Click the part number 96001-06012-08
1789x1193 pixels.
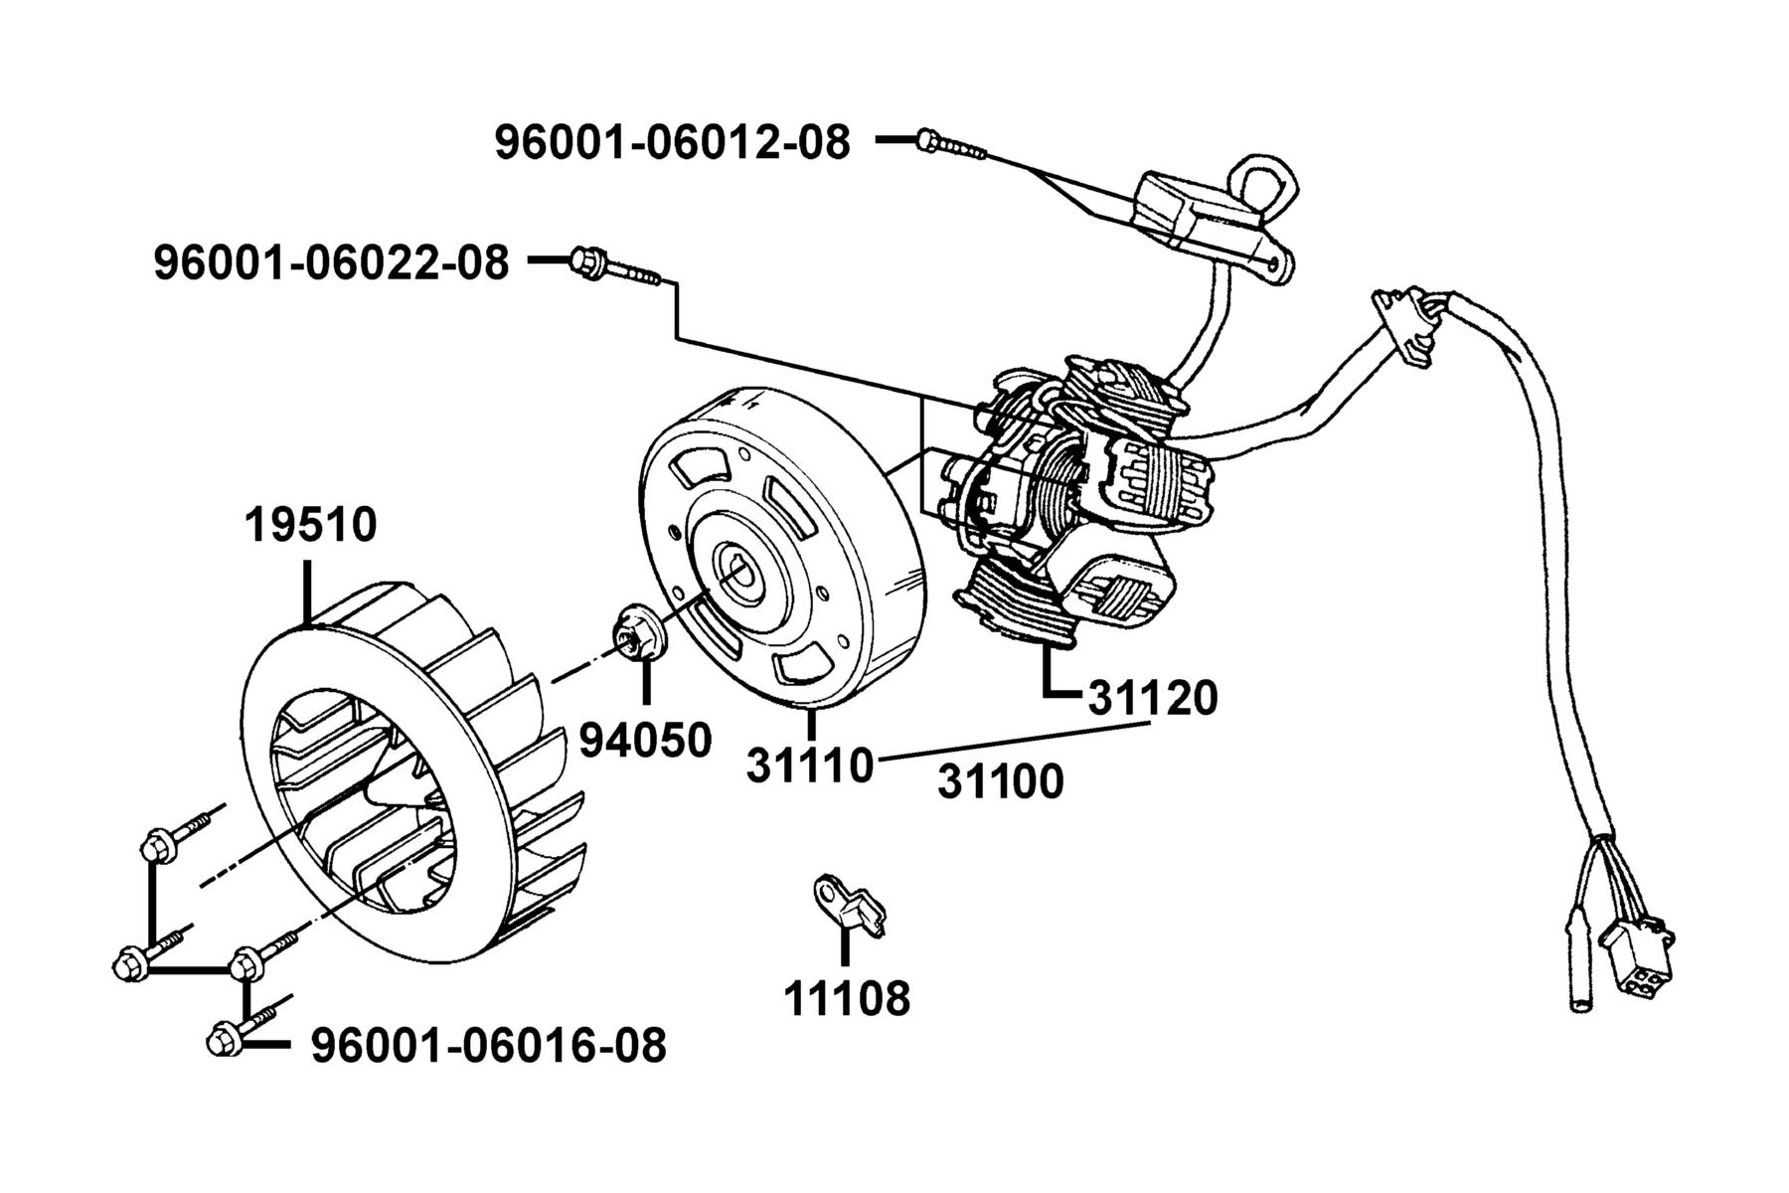(x=673, y=143)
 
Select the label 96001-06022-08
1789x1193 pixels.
(x=331, y=263)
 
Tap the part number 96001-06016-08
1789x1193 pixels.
(x=489, y=1045)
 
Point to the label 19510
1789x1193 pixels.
(x=311, y=525)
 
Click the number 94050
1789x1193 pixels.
(x=646, y=740)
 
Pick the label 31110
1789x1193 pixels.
(x=810, y=766)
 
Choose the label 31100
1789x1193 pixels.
(x=1001, y=782)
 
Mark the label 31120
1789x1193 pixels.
(x=1153, y=699)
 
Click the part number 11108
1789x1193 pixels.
(x=847, y=998)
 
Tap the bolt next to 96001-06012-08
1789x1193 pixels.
(x=952, y=144)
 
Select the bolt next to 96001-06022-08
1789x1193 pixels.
(x=616, y=266)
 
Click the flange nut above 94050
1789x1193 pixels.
(x=632, y=632)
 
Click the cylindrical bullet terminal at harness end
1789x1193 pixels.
(x=1580, y=959)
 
